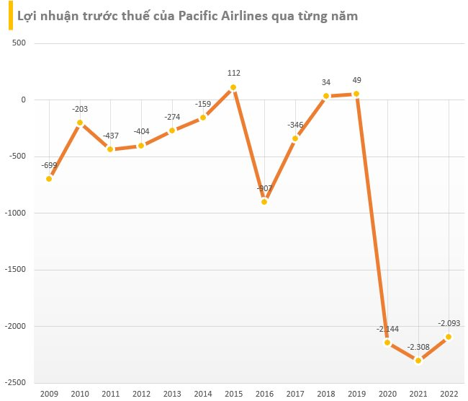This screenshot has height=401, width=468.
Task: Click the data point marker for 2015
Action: pos(233,87)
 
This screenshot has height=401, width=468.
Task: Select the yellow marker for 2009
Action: pos(49,179)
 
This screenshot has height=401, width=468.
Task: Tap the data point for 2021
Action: pos(418,361)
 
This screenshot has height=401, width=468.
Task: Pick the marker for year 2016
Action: pos(264,202)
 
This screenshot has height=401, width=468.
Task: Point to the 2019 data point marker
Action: pos(356,94)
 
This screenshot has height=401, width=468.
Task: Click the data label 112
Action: pos(233,73)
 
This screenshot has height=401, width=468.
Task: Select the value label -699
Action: pos(49,164)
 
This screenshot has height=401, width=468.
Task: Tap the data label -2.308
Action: pos(418,347)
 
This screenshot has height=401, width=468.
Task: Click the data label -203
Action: pos(80,109)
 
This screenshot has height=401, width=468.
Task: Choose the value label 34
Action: pos(325,81)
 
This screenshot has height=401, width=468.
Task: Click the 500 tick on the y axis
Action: pos(19,43)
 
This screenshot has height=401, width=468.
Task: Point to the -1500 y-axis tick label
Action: pos(14,270)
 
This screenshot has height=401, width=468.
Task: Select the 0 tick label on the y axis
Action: pos(23,100)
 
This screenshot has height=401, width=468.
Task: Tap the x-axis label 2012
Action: pos(141,394)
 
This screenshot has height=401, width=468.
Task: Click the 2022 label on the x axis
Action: pos(449,394)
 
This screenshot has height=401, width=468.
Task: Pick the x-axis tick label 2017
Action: pos(294,394)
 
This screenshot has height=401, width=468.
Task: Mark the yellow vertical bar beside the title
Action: pos(10,15)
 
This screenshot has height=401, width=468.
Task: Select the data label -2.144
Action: pos(387,329)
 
